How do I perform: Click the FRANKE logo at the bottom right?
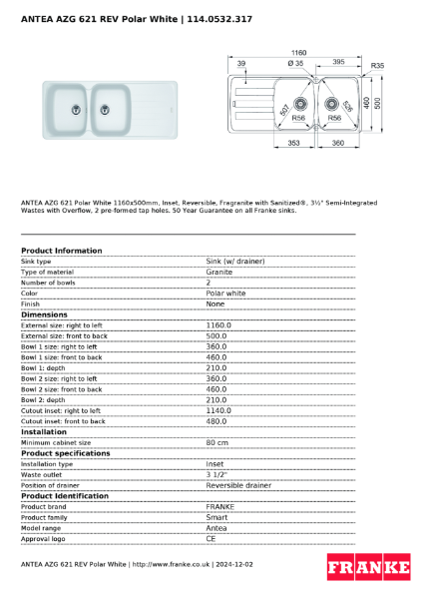[369, 567]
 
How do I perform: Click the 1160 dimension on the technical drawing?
[298, 52]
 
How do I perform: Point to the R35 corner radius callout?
[377, 66]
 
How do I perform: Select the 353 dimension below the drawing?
[294, 144]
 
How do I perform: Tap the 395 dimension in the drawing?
[338, 62]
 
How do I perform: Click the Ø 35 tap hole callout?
[296, 63]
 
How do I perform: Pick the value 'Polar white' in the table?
[225, 294]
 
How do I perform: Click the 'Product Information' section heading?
[61, 251]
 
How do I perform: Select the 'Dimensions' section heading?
[45, 314]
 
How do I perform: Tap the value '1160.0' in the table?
[218, 325]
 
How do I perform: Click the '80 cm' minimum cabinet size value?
[216, 442]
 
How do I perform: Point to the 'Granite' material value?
[219, 272]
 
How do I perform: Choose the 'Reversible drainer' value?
[238, 485]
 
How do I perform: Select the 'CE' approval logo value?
[211, 538]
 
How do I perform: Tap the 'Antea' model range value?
[216, 527]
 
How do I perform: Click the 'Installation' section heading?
[46, 431]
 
